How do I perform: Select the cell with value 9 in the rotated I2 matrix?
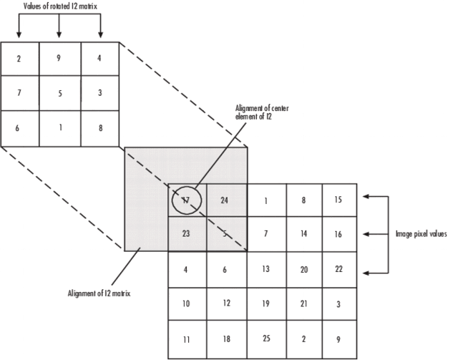(59, 59)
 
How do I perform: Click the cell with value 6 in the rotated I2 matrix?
(19, 128)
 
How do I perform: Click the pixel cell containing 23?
(187, 234)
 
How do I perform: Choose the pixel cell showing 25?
(265, 337)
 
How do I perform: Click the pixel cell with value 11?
(187, 337)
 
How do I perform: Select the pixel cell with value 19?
(265, 303)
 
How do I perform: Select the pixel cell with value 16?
(338, 234)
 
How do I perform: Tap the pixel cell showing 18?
(225, 337)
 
